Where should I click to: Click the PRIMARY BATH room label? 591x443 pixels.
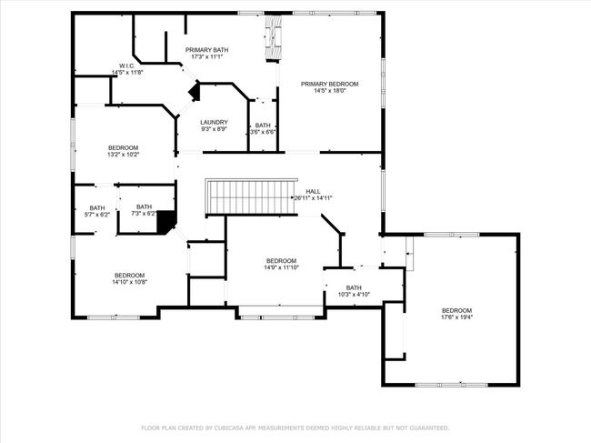point(206,50)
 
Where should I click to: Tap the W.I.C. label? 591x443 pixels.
point(127,66)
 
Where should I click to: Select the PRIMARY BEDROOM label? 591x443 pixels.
point(329,84)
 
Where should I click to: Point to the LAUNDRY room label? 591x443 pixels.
point(214,122)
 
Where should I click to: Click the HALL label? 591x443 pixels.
point(313,192)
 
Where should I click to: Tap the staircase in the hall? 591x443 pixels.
point(251,196)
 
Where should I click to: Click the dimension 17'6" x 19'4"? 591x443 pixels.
point(456,317)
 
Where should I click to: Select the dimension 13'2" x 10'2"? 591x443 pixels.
point(124,155)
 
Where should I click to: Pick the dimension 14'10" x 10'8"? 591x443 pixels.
point(130,282)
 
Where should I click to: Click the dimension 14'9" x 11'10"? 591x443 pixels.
point(281,267)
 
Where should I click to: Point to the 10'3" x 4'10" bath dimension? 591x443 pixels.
point(354,294)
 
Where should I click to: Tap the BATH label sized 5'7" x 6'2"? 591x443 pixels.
point(97,208)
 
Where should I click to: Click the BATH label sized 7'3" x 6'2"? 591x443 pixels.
point(144,207)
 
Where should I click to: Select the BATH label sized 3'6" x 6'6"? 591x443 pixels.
point(263,126)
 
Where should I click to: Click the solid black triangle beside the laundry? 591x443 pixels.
point(195,92)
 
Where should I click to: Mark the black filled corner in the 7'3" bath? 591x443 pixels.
point(165,222)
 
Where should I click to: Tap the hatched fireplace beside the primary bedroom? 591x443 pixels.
point(274,37)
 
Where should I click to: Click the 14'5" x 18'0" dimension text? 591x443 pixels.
point(330,90)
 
